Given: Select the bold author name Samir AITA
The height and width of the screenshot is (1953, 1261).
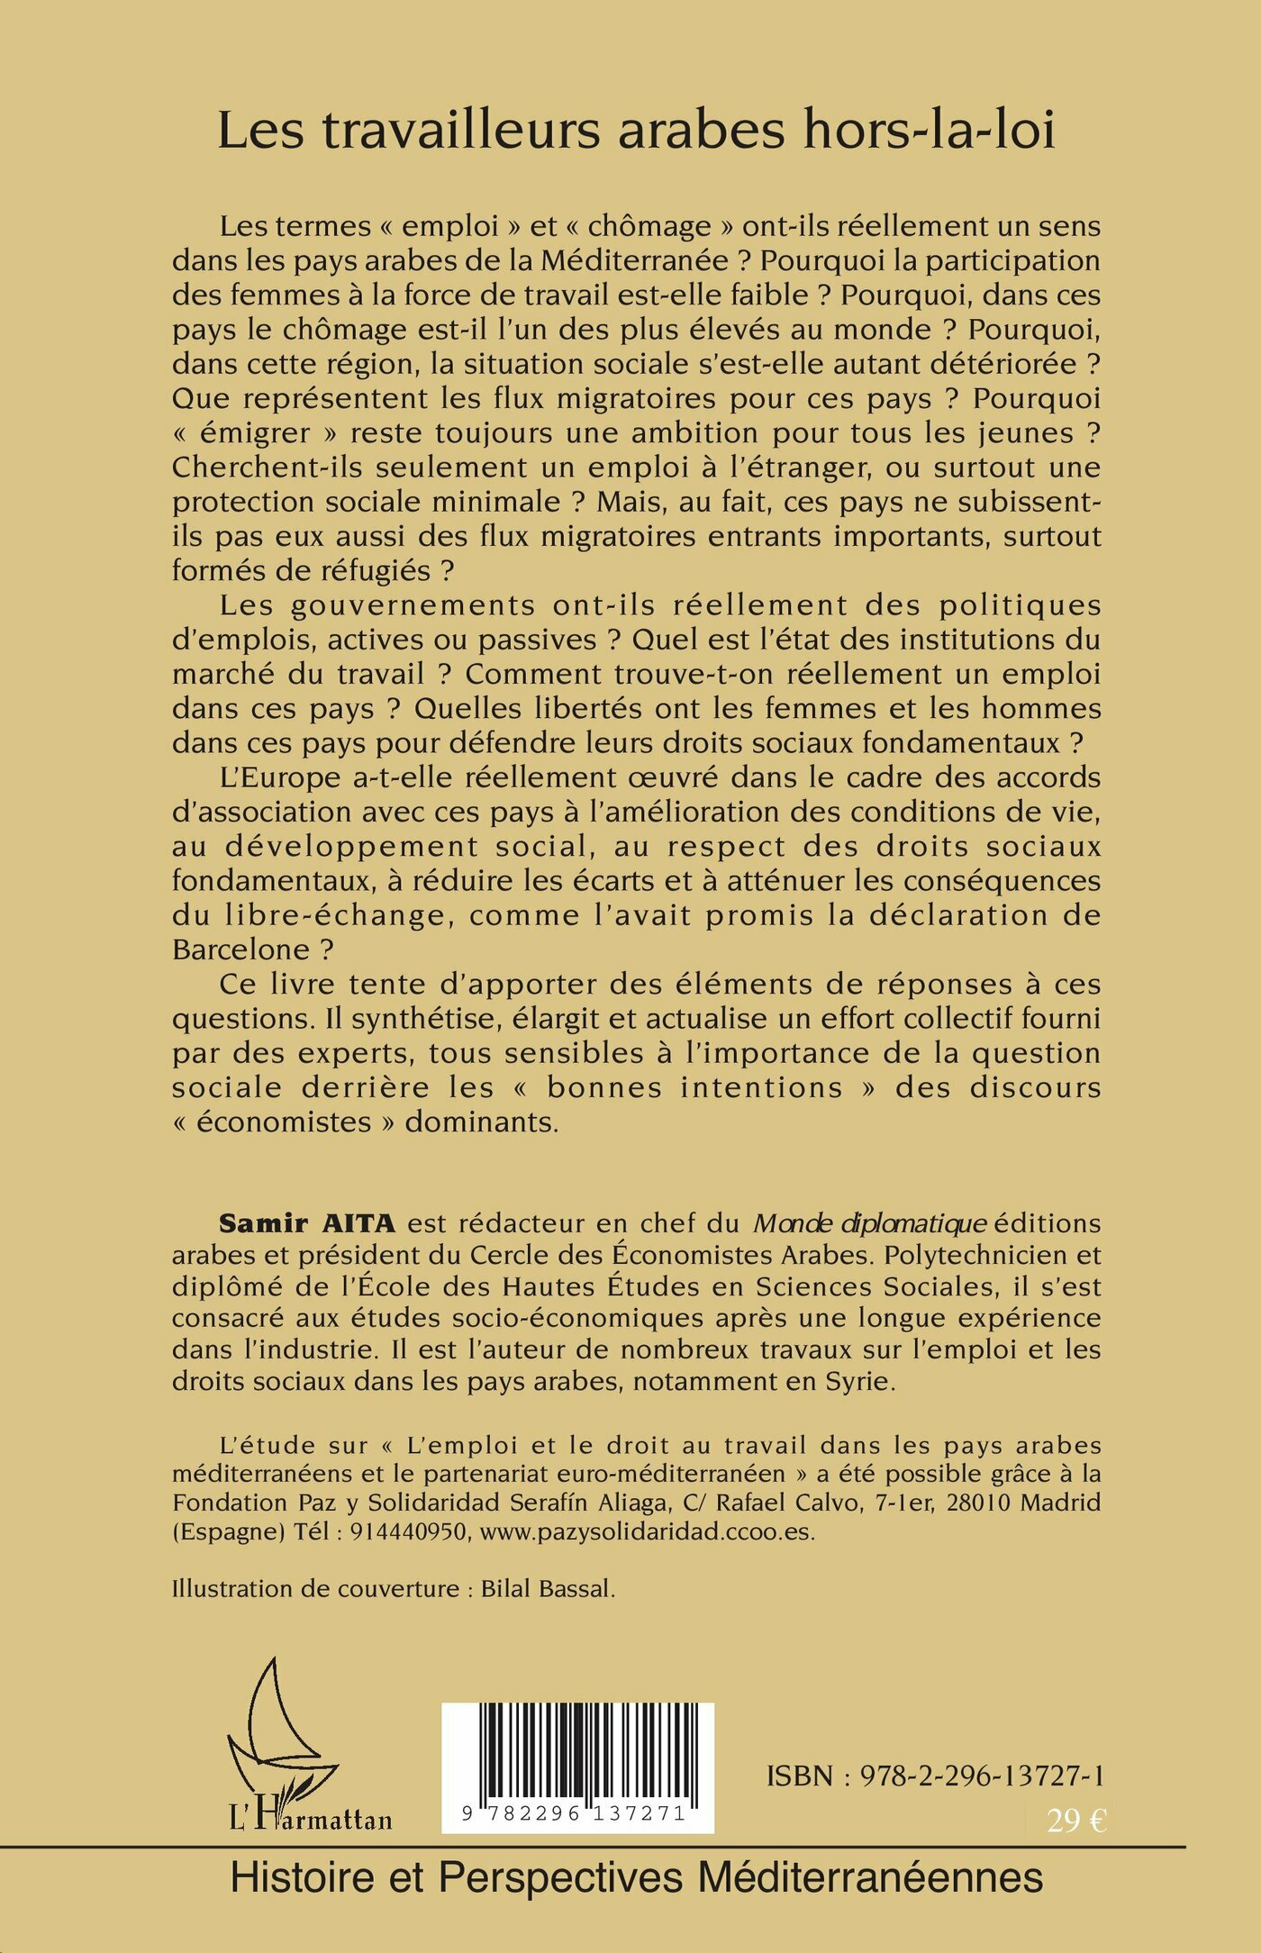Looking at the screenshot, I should coord(307,1223).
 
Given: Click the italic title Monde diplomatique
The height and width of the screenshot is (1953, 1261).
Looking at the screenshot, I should coord(870,1223).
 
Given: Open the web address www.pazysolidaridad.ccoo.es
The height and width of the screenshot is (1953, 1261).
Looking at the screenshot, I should coord(647,1532).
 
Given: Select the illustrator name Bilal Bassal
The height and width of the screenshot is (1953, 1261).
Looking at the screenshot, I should coord(547,1588).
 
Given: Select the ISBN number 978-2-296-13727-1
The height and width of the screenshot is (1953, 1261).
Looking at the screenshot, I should coord(982,1776).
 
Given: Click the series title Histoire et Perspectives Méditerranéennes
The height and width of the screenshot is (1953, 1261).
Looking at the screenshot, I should coord(637,1878).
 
